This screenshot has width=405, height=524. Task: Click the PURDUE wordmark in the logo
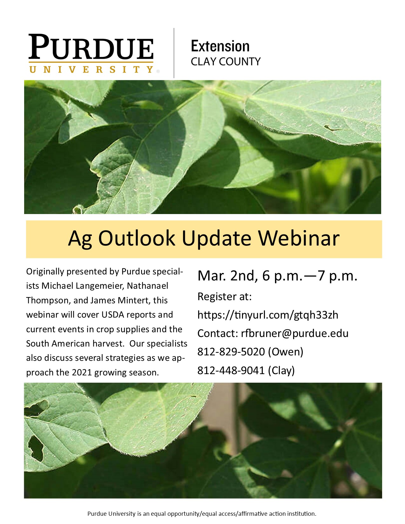(x=91, y=47)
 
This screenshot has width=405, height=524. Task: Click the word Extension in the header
(x=220, y=46)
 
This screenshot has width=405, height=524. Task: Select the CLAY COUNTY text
(x=226, y=62)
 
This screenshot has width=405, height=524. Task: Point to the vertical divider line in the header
(x=174, y=53)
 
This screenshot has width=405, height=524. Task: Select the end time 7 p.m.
(x=337, y=276)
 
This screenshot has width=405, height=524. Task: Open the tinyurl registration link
(x=268, y=315)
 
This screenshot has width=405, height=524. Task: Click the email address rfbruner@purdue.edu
(x=294, y=333)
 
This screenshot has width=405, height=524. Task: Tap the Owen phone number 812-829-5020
(x=231, y=352)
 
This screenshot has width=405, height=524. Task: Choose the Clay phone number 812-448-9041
(x=231, y=370)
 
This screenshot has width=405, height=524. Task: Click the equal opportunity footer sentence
(x=202, y=514)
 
